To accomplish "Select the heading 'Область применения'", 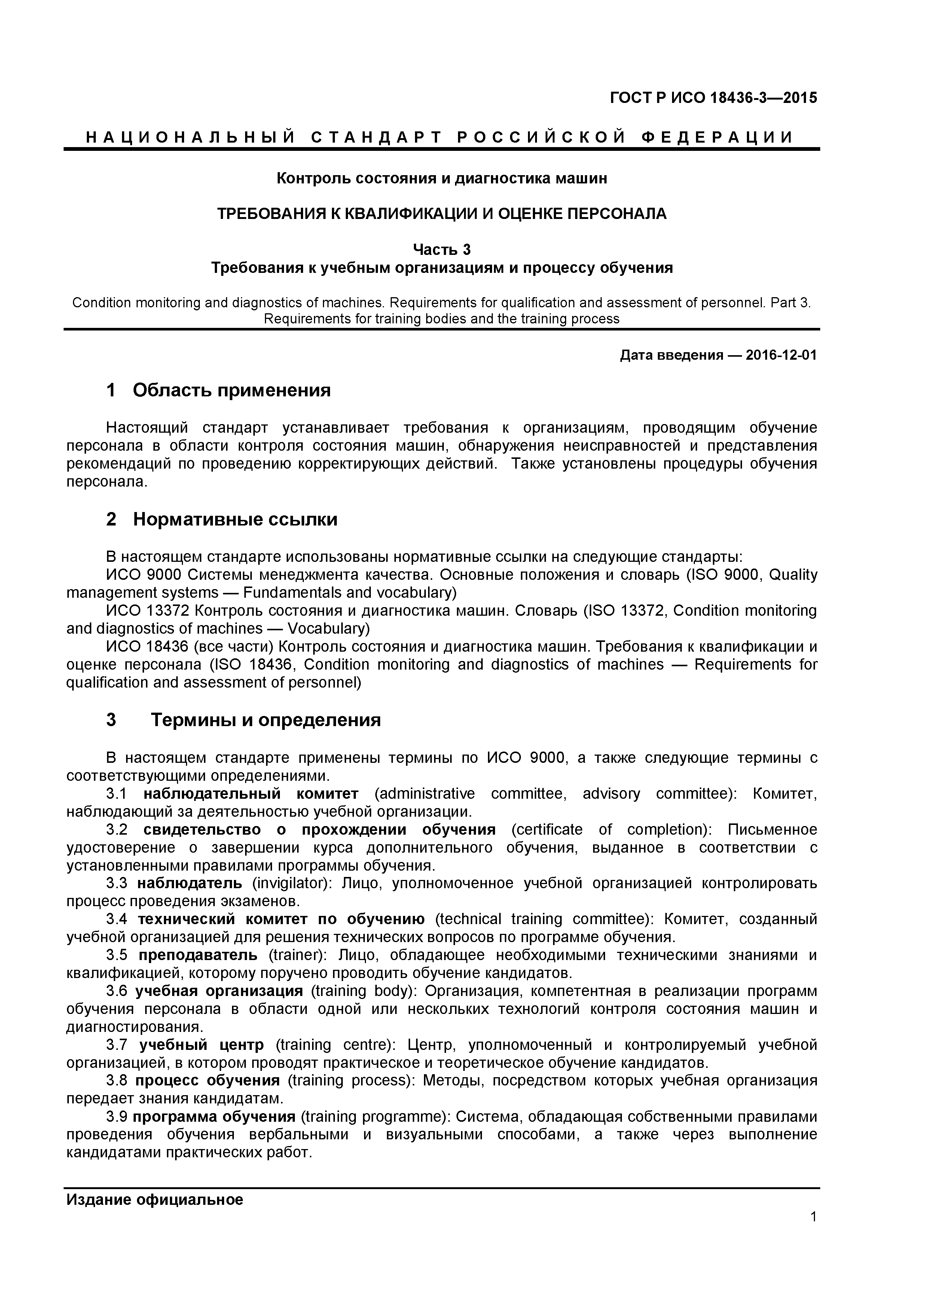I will click(x=232, y=391).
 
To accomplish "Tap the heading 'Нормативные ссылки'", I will click(x=235, y=519).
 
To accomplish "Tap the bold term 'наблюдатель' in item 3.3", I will click(x=190, y=884).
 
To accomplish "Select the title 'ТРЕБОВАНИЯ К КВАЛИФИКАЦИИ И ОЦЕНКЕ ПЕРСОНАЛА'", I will click(x=442, y=214).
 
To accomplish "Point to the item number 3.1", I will click(x=117, y=794).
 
